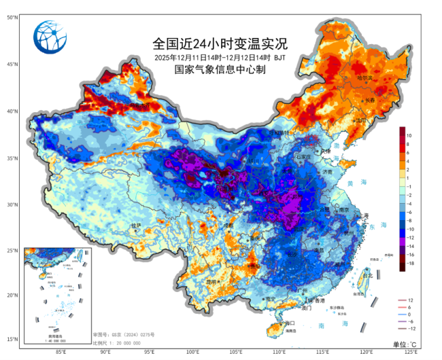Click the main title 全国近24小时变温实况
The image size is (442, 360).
click(220, 44)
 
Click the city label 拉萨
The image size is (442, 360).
click(135, 226)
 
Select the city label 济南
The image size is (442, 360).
click(328, 173)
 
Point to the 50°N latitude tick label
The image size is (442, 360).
click(13, 18)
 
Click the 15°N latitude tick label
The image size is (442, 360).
click(13, 339)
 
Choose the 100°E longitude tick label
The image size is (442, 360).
click(192, 352)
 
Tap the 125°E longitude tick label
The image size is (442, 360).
click(411, 352)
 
